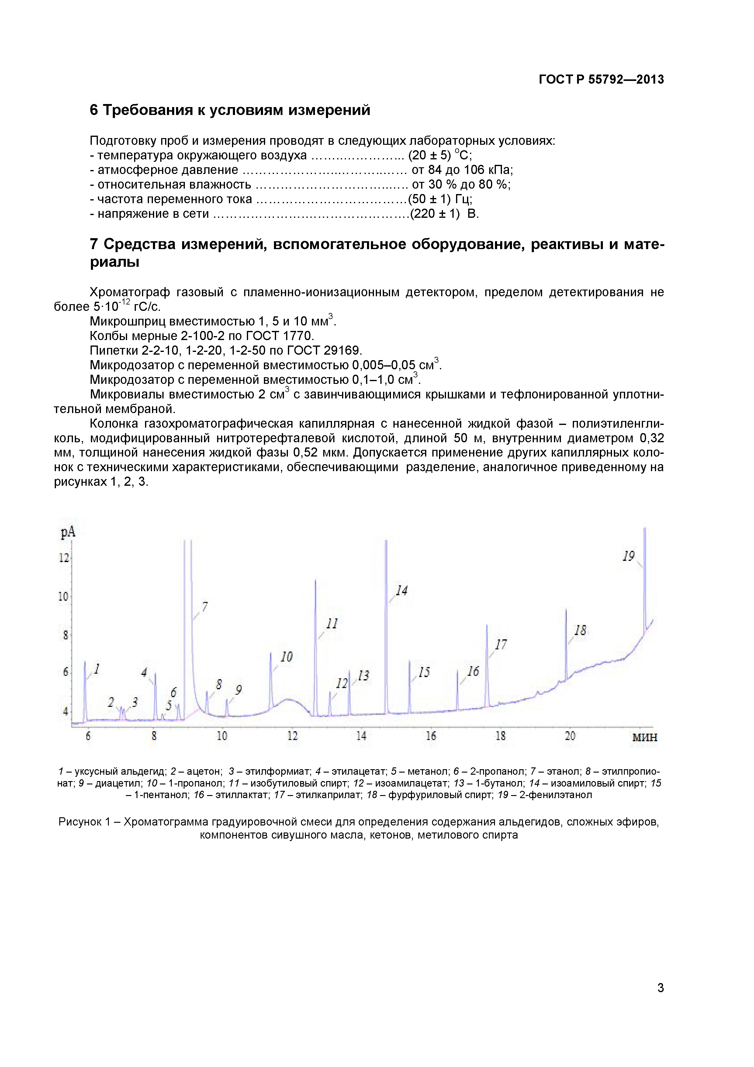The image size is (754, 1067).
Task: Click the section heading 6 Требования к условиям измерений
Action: pos(230,110)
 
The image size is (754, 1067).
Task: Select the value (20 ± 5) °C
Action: pos(440,155)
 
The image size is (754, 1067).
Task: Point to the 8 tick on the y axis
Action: pos(65,635)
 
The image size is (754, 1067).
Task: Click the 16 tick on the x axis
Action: pos(431,736)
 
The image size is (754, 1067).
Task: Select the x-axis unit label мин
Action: pos(644,737)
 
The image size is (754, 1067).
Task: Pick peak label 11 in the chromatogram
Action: pos(332,624)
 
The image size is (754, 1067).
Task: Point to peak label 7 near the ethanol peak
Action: pos(204,607)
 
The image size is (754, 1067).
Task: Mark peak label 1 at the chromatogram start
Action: pos(97,669)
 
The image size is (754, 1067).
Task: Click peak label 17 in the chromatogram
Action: pos(501,645)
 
